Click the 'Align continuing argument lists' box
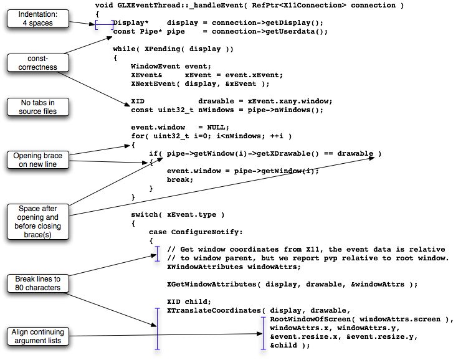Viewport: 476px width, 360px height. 38,336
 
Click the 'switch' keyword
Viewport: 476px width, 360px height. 145,215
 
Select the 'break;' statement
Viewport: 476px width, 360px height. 180,179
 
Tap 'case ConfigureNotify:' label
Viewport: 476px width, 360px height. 194,232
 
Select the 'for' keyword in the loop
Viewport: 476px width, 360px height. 138,136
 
